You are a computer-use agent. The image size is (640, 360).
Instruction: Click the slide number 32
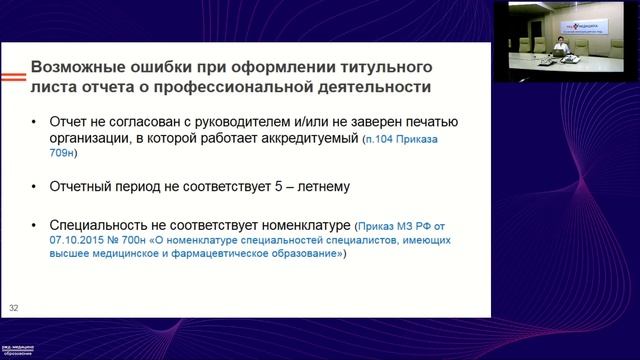pos(13,306)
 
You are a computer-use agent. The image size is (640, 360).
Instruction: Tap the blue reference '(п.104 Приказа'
pos(395,141)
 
